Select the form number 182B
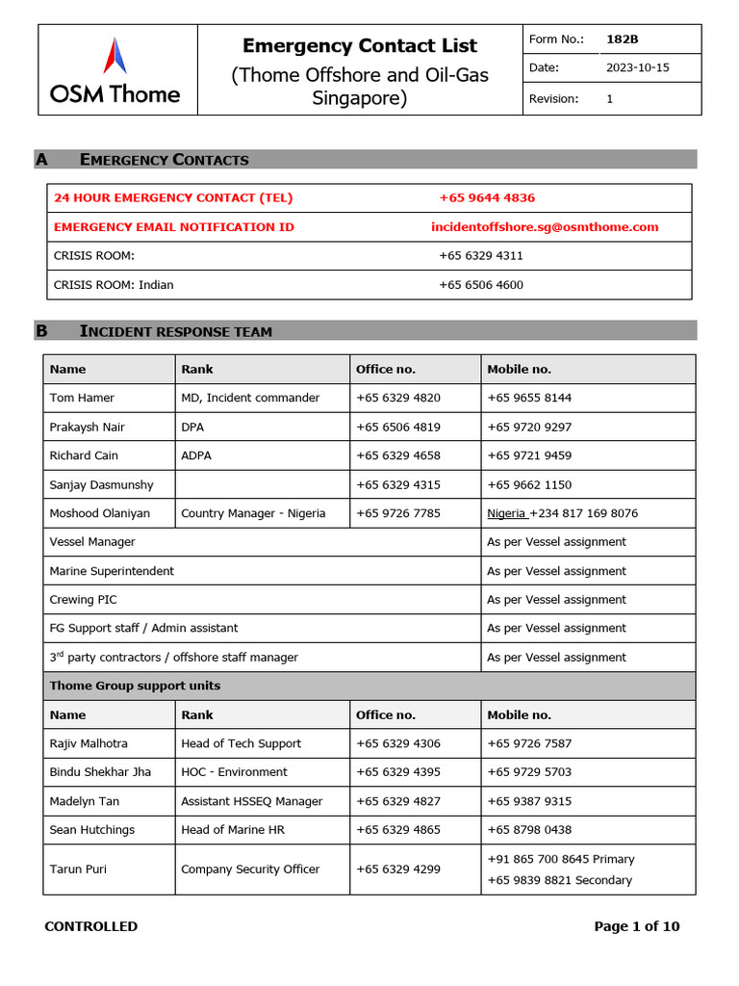pyautogui.click(x=622, y=39)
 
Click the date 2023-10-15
pyautogui.click(x=636, y=68)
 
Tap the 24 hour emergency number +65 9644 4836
pyautogui.click(x=487, y=197)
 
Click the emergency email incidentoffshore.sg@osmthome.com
pyautogui.click(x=545, y=226)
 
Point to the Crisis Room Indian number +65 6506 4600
pyautogui.click(x=481, y=284)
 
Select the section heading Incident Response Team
pyautogui.click(x=176, y=331)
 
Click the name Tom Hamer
pyautogui.click(x=81, y=398)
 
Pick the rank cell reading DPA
pyautogui.click(x=192, y=427)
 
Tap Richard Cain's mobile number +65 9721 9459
pyautogui.click(x=529, y=455)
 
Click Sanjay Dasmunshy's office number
pyautogui.click(x=398, y=484)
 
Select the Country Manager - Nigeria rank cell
pyautogui.click(x=253, y=513)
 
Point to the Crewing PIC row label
pyautogui.click(x=83, y=599)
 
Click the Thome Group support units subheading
pyautogui.click(x=135, y=686)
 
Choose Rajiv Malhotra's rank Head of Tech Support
pyautogui.click(x=241, y=743)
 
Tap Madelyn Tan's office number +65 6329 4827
pyautogui.click(x=398, y=801)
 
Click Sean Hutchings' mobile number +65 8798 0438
pyautogui.click(x=529, y=830)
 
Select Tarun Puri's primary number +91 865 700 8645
pyautogui.click(x=560, y=859)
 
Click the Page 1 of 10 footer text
pyautogui.click(x=636, y=926)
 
